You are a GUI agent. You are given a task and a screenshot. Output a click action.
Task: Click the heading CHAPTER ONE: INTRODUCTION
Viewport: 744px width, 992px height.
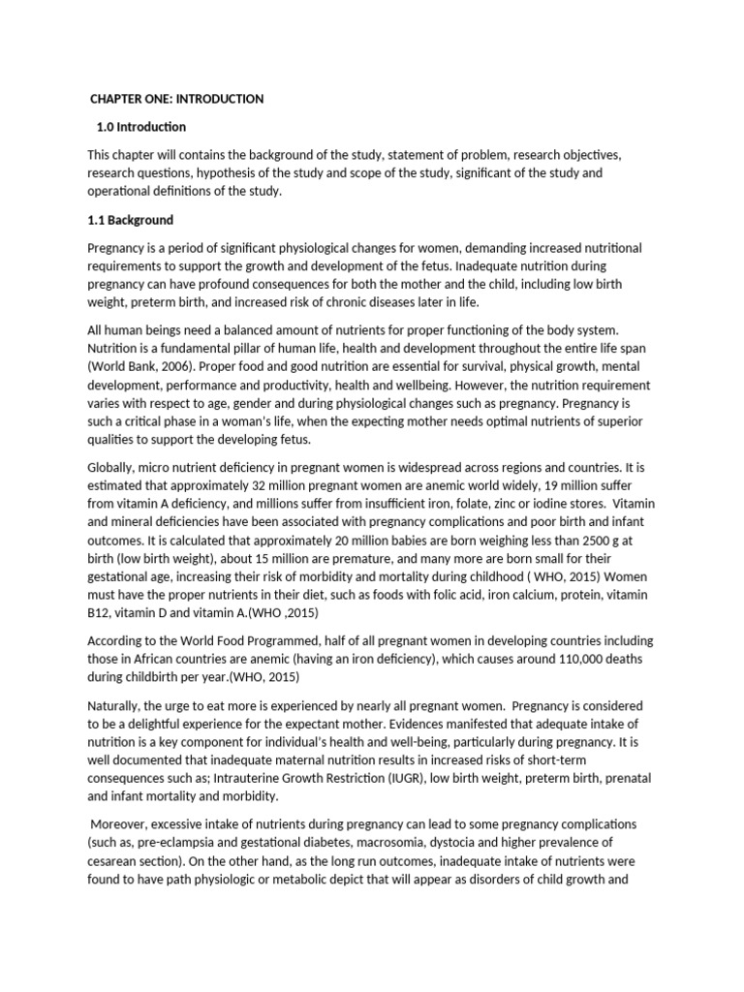tap(176, 99)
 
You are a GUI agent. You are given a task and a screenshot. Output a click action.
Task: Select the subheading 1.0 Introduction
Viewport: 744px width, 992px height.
tap(141, 127)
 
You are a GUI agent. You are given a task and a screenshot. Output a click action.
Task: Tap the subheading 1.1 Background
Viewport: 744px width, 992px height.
tap(131, 220)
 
